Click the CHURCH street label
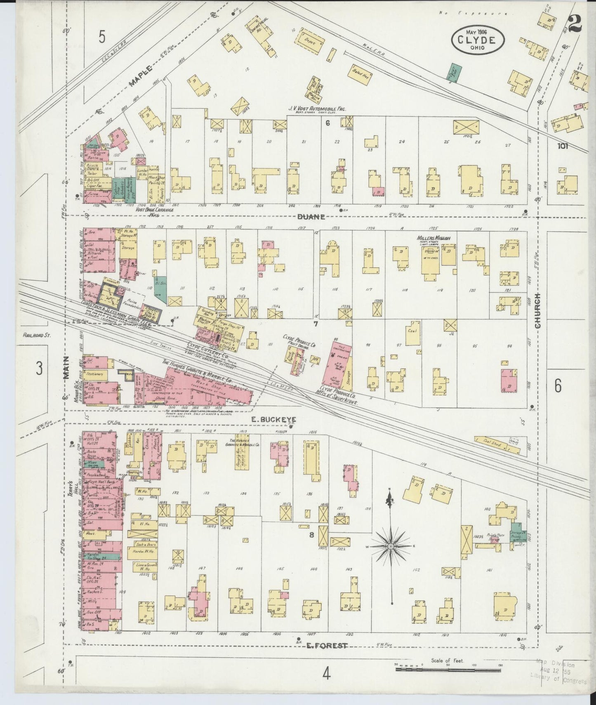click(537, 311)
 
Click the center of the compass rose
click(390, 546)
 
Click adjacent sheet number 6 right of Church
click(558, 385)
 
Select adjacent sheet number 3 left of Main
click(39, 368)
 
